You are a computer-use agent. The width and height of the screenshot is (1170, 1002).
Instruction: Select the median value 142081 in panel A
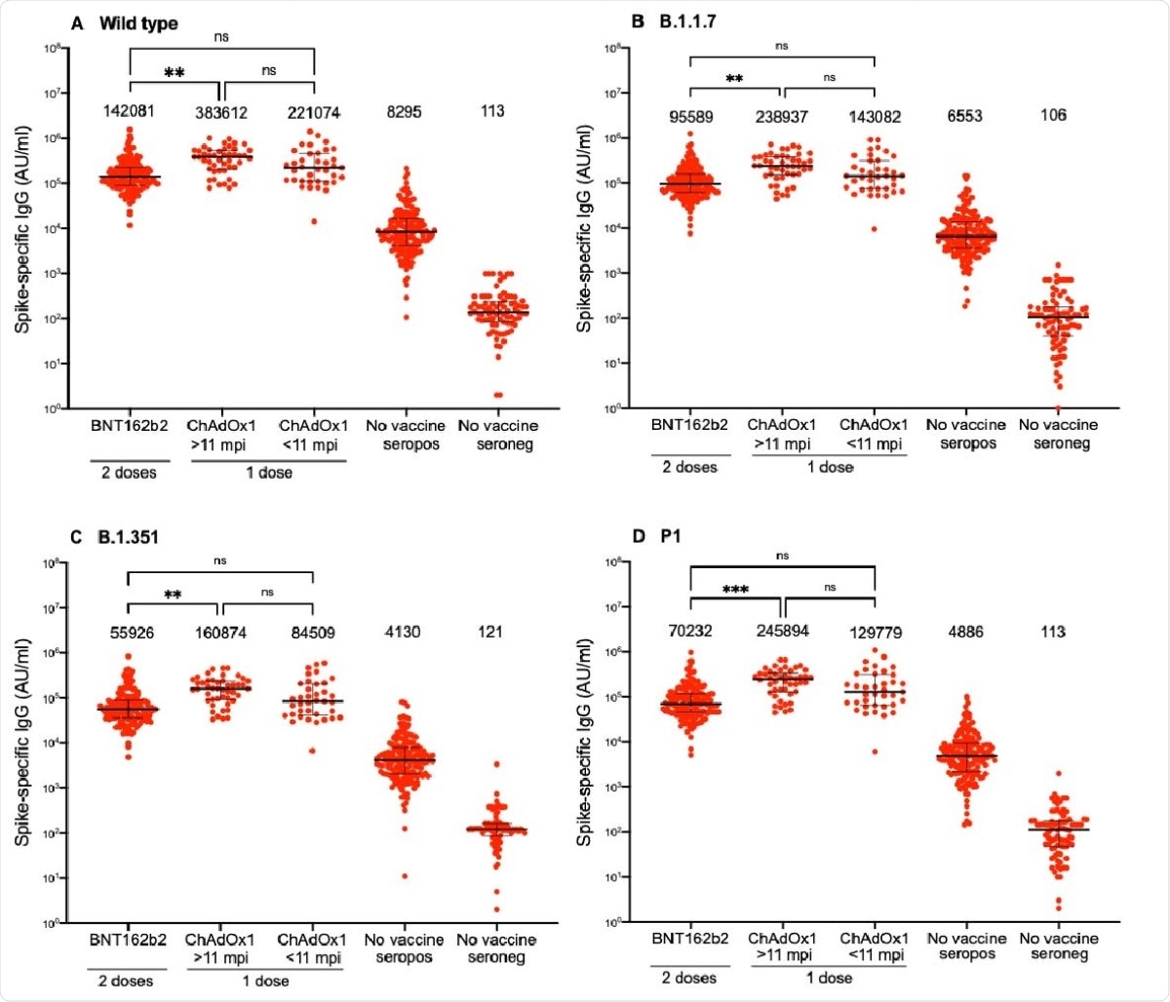click(131, 112)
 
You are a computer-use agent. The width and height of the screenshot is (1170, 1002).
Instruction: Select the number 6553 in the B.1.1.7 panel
click(964, 117)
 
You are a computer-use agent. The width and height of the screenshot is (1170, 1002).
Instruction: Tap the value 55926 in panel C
click(127, 633)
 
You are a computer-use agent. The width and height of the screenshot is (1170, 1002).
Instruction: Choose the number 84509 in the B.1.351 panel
click(311, 633)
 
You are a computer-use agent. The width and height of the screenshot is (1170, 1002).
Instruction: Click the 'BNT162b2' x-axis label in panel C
click(127, 941)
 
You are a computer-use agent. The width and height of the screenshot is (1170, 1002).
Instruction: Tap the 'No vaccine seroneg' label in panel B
click(1057, 434)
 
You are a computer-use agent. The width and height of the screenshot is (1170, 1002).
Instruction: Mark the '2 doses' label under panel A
click(129, 473)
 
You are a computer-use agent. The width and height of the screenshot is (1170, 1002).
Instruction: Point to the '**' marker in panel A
click(175, 73)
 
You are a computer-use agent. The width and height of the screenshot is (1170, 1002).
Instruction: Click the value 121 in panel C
click(490, 633)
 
